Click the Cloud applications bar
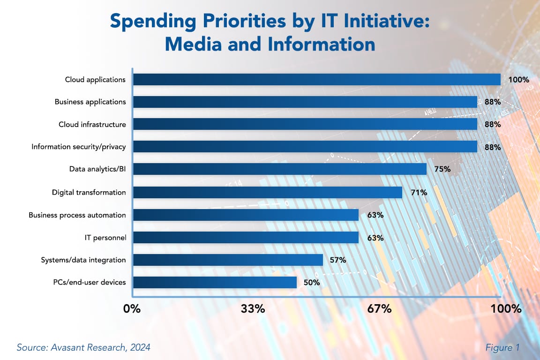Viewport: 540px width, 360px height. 316,80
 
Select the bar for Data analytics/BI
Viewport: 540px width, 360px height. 279,169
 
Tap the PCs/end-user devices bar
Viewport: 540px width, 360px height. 215,282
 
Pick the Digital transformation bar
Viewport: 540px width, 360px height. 267,192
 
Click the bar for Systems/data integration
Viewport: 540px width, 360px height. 228,260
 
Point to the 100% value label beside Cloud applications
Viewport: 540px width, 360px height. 518,80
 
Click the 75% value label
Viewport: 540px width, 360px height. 442,169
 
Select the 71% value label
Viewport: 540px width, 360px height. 417,192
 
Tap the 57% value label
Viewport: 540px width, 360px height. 337,260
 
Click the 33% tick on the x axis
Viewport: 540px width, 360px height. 253,309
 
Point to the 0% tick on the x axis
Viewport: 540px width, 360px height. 132,309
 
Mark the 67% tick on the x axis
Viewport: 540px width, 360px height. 379,309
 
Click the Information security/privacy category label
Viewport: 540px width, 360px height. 79,147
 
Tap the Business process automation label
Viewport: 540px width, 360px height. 77,215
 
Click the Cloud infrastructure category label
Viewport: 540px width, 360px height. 92,125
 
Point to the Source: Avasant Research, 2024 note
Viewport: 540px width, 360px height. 83,347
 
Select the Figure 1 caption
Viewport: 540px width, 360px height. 502,347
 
